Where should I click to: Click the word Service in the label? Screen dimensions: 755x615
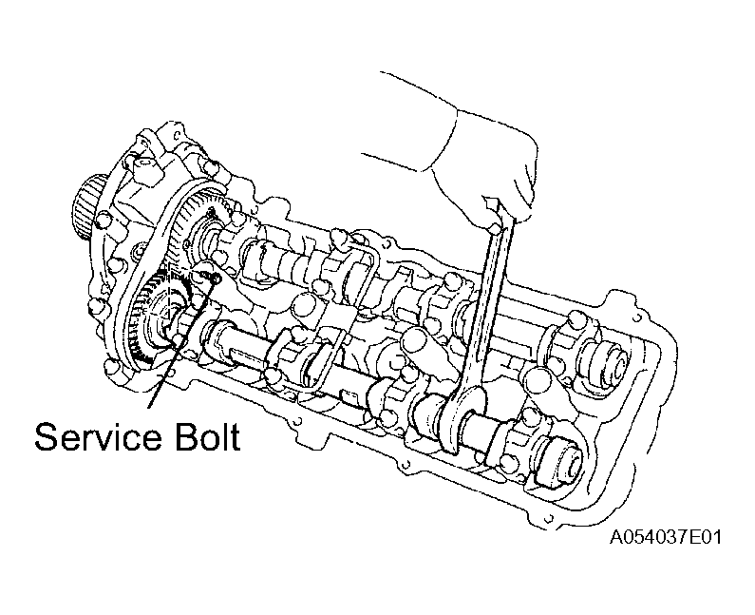point(98,437)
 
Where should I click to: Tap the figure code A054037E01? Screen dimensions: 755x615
point(666,537)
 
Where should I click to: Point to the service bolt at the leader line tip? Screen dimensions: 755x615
point(214,278)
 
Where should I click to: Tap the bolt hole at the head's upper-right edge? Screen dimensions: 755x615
point(638,318)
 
